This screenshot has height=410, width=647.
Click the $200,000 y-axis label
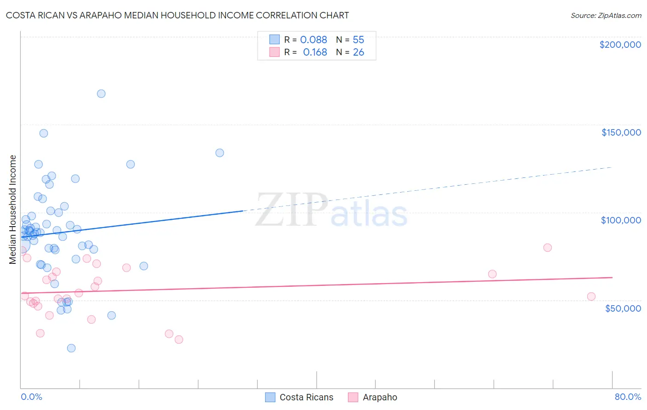pos(620,45)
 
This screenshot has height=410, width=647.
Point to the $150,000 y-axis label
pos(621,132)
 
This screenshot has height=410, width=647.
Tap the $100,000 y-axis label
pos(621,220)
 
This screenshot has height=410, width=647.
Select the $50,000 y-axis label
pos(623,308)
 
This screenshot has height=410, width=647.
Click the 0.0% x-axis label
pos(31,397)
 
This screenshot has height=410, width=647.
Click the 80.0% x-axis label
pos(628,397)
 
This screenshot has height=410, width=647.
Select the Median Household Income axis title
pos(13,210)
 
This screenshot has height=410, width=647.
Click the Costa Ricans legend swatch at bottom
pos(271,397)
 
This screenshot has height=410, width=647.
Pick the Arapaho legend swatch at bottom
pos(353,397)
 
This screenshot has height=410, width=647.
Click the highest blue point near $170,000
pos(101,94)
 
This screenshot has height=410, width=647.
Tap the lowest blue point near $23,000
pos(71,348)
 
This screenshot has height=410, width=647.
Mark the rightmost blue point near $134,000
pos(220,153)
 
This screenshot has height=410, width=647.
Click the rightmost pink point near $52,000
pos(591,296)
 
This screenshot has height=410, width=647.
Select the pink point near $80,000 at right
pos(548,248)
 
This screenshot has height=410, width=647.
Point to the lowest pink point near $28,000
pos(179,340)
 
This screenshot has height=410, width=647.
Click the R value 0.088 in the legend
pos(313,40)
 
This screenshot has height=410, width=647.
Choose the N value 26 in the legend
pos(358,52)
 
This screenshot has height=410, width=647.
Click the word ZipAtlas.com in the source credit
pos(619,16)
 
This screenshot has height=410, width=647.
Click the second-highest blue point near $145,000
pos(44,133)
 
